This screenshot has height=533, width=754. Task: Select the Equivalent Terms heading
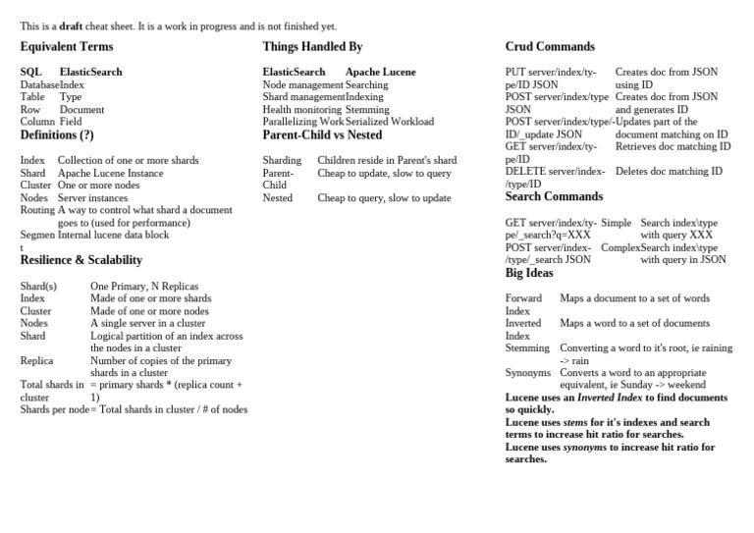67,47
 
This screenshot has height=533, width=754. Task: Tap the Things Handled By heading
312,47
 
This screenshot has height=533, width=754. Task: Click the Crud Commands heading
550,47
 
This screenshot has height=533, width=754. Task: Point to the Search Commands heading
554,197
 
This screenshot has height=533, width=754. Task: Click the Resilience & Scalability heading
81,260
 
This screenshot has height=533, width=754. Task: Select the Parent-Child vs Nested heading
322,135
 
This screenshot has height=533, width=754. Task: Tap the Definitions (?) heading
57,135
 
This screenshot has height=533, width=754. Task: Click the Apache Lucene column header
380,73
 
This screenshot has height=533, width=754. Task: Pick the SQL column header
31,73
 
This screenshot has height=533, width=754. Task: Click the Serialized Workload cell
389,122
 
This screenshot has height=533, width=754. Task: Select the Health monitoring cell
302,110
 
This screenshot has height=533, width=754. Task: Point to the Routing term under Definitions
37,210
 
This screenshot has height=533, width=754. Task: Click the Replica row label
37,361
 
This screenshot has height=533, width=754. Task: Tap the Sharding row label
282,160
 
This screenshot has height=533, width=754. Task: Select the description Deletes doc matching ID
669,171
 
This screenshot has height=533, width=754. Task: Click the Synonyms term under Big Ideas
528,373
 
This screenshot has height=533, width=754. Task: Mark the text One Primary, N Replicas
144,286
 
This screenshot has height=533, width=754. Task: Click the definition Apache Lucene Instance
110,173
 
